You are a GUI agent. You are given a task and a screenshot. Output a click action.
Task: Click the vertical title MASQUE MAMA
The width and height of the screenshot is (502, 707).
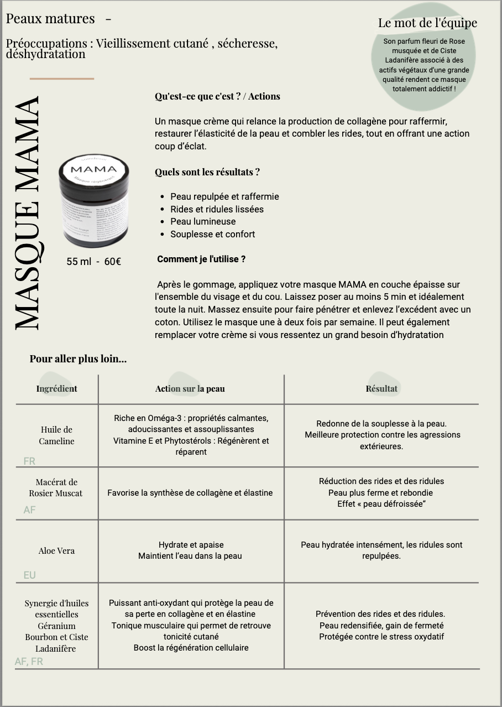coord(27,214)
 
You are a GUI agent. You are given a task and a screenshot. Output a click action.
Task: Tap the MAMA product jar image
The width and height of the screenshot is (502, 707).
coord(93,201)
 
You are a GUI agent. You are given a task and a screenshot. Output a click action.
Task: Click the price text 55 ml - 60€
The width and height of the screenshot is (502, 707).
coord(93,261)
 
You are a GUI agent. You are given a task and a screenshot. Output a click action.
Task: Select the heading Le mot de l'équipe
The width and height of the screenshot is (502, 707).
coord(427,23)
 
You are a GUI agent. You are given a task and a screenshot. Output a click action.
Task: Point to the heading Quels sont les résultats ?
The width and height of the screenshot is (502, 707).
coord(207,172)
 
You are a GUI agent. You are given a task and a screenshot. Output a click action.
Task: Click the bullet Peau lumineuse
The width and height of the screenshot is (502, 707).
coord(203,221)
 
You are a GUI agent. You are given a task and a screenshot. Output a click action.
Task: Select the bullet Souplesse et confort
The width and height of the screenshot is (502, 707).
coord(212,234)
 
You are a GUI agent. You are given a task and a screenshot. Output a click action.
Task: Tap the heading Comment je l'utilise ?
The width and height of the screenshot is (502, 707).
coord(201,259)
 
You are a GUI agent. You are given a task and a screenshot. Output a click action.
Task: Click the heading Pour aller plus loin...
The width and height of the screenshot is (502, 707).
coord(78,359)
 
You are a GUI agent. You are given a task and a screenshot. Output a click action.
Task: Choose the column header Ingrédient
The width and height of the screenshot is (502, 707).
coord(56,388)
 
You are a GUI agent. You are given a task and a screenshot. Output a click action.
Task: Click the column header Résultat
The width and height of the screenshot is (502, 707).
coord(381,388)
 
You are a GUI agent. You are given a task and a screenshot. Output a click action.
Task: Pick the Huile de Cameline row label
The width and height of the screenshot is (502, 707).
coord(56,435)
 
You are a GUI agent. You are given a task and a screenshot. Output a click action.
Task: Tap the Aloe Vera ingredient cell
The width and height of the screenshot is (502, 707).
coord(56,550)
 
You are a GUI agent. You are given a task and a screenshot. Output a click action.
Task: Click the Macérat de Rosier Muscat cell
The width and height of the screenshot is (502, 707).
coord(56,487)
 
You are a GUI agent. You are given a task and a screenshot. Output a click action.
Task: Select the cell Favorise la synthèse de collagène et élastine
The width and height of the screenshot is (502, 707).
coord(190,492)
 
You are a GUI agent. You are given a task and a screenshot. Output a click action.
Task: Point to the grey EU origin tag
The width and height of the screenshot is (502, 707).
coord(29,575)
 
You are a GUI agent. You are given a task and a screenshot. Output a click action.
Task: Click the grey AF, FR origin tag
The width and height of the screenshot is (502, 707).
coord(29,662)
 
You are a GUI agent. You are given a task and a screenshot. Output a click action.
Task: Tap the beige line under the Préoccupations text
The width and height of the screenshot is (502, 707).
coord(62,79)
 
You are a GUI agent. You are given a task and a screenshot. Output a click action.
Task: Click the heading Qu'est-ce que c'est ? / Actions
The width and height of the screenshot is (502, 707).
coord(217,96)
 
